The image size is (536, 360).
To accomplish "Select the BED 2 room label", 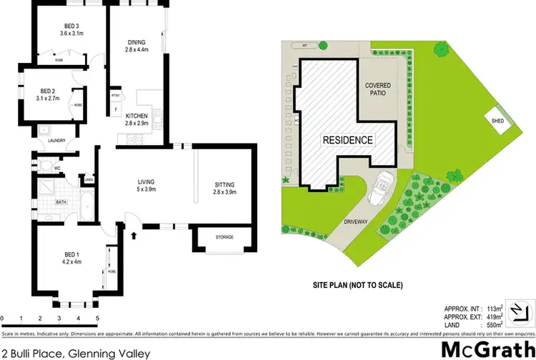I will [48, 91].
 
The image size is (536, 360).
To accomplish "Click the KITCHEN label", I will [136, 116].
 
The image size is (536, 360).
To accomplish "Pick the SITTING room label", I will [224, 185].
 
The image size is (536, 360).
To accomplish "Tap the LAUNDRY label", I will [56, 140].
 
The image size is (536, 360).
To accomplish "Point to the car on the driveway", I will [379, 187].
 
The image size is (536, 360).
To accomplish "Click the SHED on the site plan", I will [497, 121].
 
